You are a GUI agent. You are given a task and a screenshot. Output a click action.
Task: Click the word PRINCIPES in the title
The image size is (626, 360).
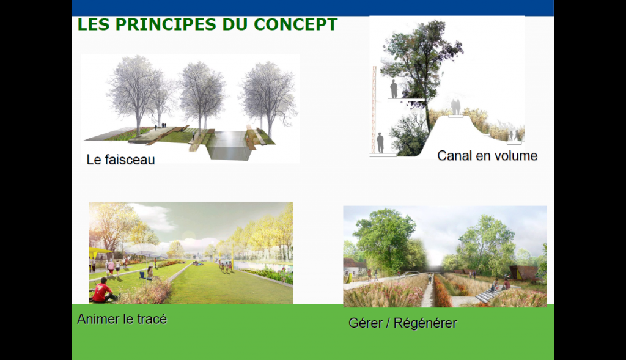tap(166, 24)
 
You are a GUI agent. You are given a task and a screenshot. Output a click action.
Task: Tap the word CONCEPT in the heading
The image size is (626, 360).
tap(295, 24)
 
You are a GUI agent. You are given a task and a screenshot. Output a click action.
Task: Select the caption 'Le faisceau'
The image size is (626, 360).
tap(120, 160)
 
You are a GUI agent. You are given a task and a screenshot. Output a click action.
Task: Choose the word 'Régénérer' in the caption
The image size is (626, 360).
tap(425, 323)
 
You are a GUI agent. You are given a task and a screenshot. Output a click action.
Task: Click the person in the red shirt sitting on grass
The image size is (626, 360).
tap(103, 290)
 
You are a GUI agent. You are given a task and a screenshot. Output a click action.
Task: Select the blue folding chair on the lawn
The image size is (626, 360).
tap(142, 274)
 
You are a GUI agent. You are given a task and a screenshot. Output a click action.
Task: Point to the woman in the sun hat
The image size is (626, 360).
tap(150, 273)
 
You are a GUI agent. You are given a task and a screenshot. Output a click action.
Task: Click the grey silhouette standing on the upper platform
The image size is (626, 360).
tap(394, 89)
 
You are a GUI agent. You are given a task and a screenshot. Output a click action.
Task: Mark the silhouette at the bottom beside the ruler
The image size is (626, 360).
tap(380, 143)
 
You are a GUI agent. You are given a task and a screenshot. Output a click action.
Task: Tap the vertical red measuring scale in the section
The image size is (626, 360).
tap(374, 110)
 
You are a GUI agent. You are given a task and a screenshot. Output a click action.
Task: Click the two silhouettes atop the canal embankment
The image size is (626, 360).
tap(455, 107)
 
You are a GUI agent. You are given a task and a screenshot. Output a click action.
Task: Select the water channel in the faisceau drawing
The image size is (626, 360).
tap(230, 145)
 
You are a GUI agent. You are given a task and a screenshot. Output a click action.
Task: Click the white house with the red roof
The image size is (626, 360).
tap(354, 268)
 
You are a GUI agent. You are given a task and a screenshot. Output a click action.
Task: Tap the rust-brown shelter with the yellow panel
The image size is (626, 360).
tap(521, 273)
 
